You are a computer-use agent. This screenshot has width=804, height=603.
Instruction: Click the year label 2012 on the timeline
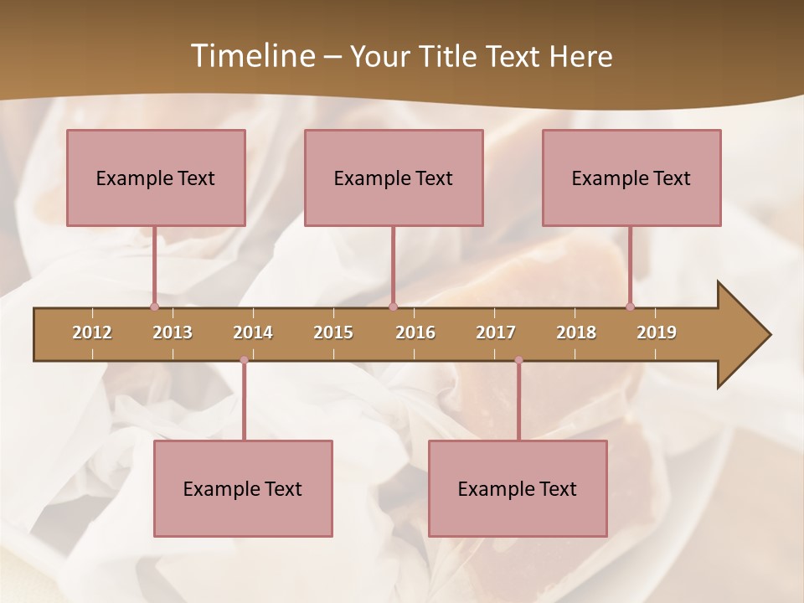click(x=92, y=332)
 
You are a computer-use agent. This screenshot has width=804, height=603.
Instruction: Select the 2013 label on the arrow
click(x=173, y=332)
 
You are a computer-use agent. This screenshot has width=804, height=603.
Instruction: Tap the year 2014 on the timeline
click(x=253, y=332)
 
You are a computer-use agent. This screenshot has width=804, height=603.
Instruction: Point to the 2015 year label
click(x=333, y=332)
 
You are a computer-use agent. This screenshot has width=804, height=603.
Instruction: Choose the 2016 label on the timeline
click(x=415, y=332)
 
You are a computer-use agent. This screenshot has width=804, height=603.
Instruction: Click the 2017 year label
click(x=496, y=332)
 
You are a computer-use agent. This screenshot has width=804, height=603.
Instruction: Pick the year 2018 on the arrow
click(x=576, y=332)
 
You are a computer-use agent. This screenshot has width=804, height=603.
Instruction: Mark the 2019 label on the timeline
click(x=657, y=332)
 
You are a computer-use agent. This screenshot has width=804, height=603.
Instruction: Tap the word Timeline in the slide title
click(x=251, y=56)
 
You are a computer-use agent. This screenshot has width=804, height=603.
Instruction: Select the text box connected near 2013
click(x=156, y=178)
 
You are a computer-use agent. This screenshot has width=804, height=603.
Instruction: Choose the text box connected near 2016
click(x=394, y=178)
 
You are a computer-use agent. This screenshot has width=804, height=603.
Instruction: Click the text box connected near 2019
click(x=631, y=178)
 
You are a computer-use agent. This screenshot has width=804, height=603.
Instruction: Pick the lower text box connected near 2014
click(x=243, y=488)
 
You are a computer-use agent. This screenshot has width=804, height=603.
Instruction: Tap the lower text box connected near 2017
click(x=518, y=488)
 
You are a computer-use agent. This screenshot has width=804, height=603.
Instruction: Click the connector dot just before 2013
click(x=154, y=307)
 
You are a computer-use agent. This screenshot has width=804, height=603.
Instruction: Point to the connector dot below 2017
click(x=518, y=360)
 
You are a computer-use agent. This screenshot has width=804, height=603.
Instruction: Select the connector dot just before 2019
click(x=630, y=307)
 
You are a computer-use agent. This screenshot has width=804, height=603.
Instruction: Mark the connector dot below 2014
click(x=244, y=360)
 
